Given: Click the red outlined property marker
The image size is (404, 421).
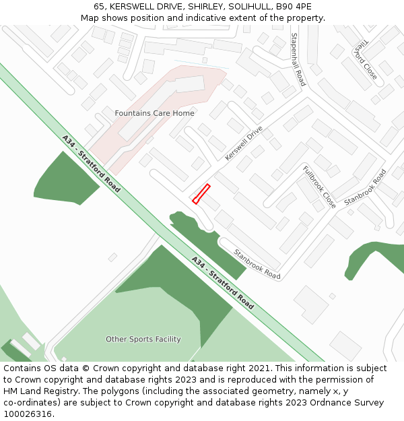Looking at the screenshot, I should coord(201,194).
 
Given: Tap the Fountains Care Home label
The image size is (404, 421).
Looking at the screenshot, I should coord(154,113).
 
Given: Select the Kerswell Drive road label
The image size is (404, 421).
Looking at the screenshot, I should coord(244,143).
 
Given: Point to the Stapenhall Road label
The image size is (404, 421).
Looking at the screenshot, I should coord(298,59).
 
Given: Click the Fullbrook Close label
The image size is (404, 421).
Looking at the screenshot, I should coord(318,187).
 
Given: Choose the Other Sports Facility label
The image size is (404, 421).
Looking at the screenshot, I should coord(143,339).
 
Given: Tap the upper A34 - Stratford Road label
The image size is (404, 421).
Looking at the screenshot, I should coord(91,164).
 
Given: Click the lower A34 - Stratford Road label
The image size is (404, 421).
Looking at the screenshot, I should coord(222,282).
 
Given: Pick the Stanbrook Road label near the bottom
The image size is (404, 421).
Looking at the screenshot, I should coord(257,264).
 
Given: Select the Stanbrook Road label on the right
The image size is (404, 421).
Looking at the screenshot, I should coord(365,188).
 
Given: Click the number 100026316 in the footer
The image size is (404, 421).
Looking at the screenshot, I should coord(30,414).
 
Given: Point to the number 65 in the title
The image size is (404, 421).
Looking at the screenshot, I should coord(98,7).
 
